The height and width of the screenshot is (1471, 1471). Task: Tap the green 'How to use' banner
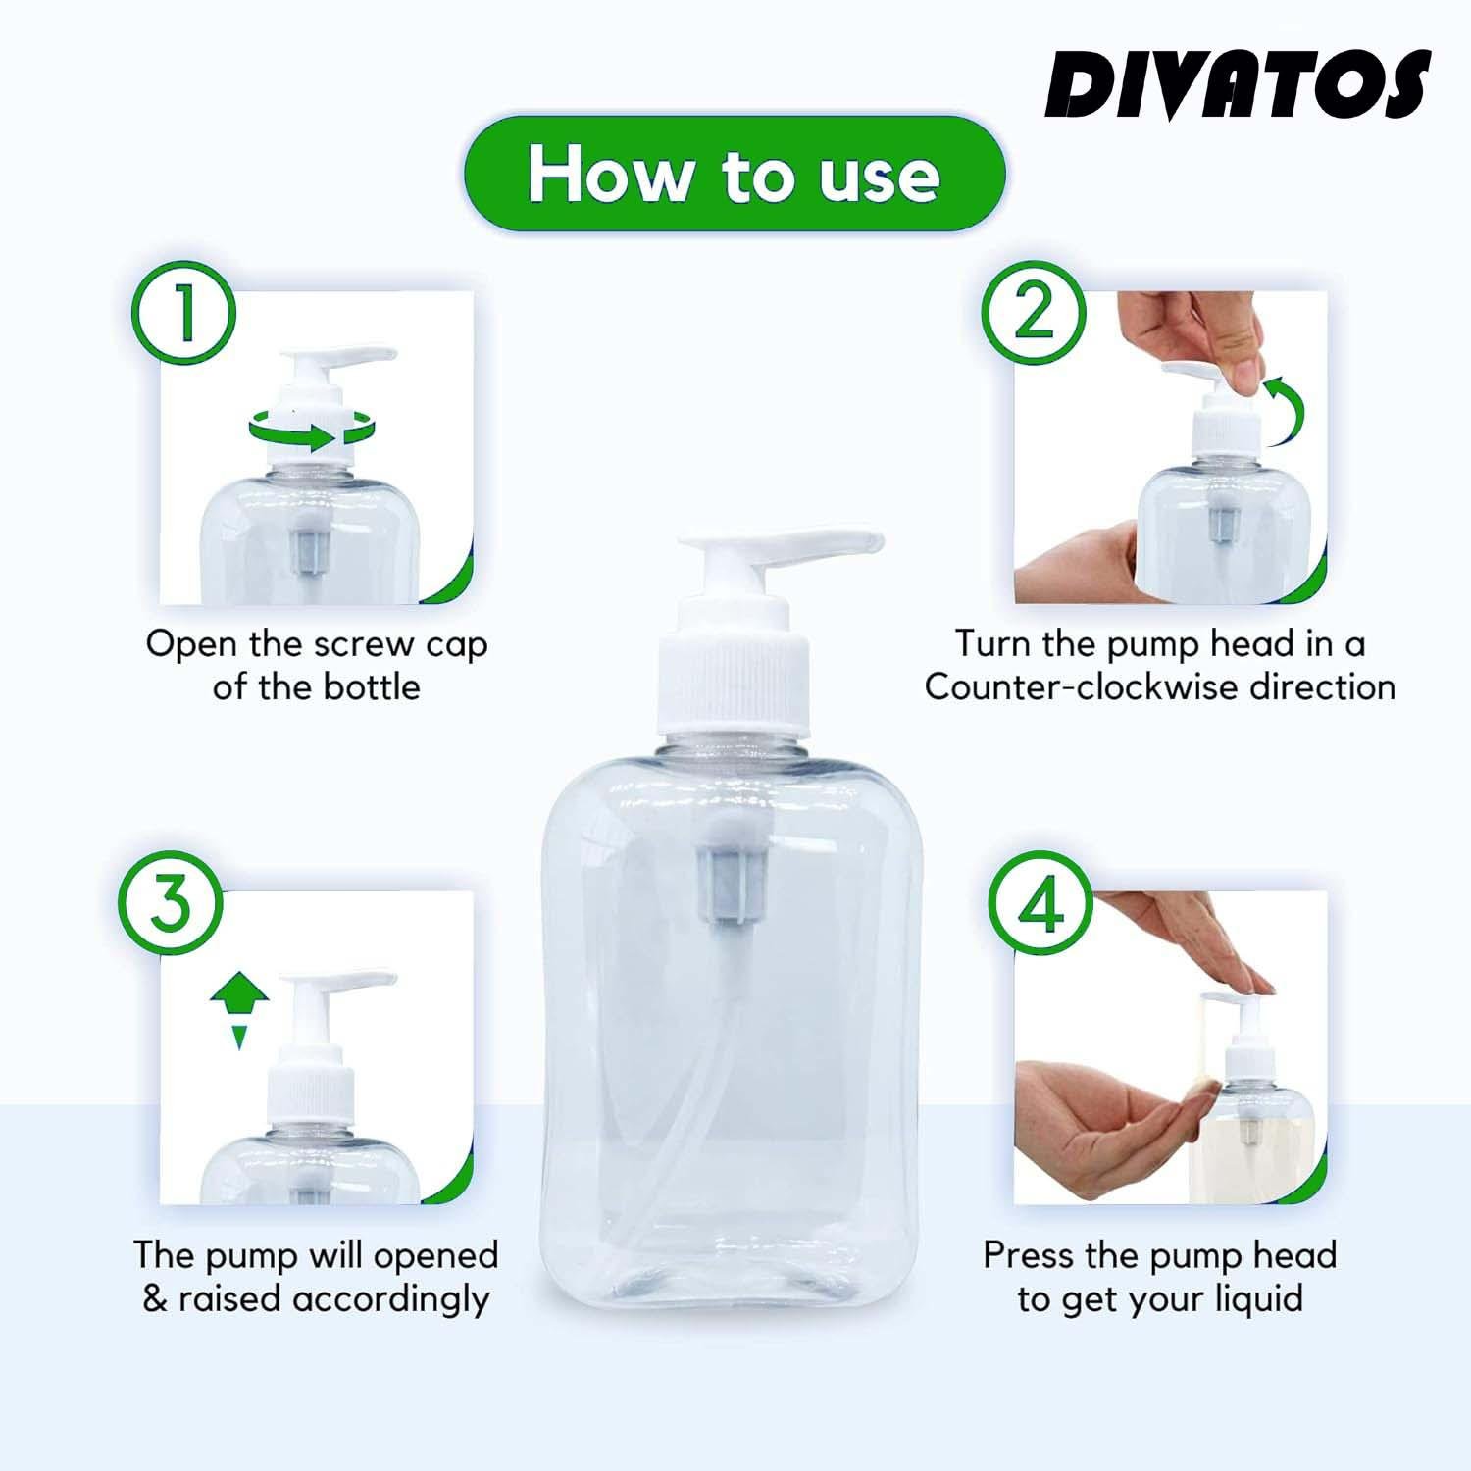coord(735,174)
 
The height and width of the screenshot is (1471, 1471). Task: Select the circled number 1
coord(184,313)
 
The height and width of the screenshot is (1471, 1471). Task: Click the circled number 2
coord(1035,313)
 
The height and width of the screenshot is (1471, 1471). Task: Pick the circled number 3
coord(171,903)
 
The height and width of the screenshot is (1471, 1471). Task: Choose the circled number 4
coord(1040,903)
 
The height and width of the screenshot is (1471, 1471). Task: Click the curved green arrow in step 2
coord(1285,410)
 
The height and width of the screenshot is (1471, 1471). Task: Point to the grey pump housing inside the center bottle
coord(732,884)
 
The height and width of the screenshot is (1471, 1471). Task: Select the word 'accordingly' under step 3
coord(390,1299)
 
